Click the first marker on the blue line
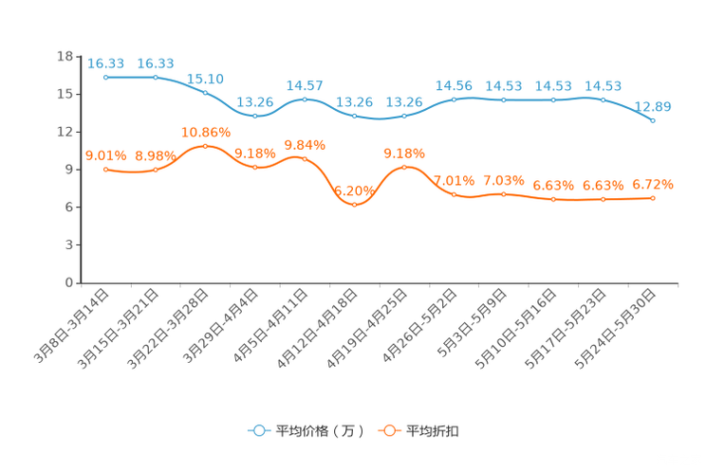(x=105, y=77)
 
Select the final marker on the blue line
(x=653, y=120)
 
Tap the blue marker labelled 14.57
(x=305, y=99)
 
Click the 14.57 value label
(x=305, y=85)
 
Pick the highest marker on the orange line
(x=205, y=145)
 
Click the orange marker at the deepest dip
(x=354, y=204)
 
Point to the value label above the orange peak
(x=205, y=132)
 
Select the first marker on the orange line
(x=105, y=169)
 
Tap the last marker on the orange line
(x=653, y=198)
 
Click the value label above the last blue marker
(x=653, y=106)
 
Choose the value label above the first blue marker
(x=105, y=63)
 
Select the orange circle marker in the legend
(x=389, y=430)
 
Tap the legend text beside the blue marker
(x=319, y=431)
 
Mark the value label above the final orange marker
(x=653, y=185)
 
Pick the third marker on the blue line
(x=205, y=92)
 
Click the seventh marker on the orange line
(x=404, y=167)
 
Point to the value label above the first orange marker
(x=105, y=155)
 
